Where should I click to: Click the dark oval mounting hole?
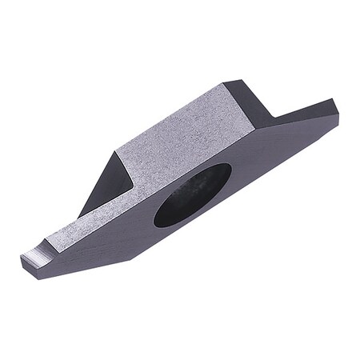point(192,195)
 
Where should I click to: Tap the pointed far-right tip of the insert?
point(338,102)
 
